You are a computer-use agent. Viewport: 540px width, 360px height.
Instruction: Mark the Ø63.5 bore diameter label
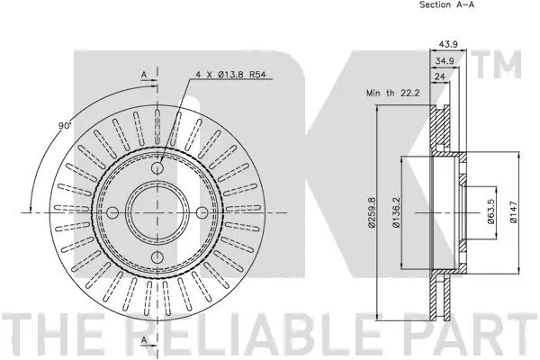click(490, 213)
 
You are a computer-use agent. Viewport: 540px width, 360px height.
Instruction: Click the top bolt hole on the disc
click(158, 170)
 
